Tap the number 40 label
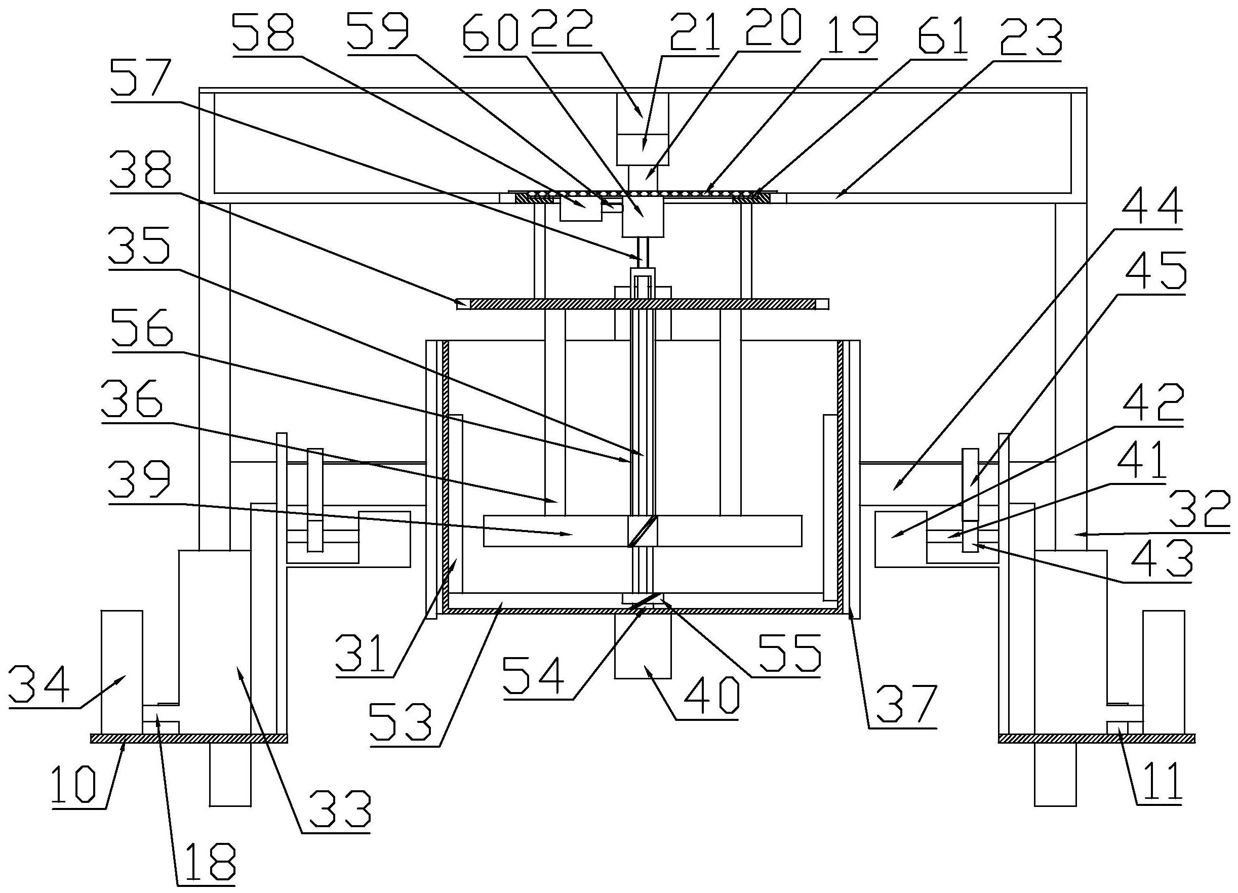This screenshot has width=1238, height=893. click(708, 697)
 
